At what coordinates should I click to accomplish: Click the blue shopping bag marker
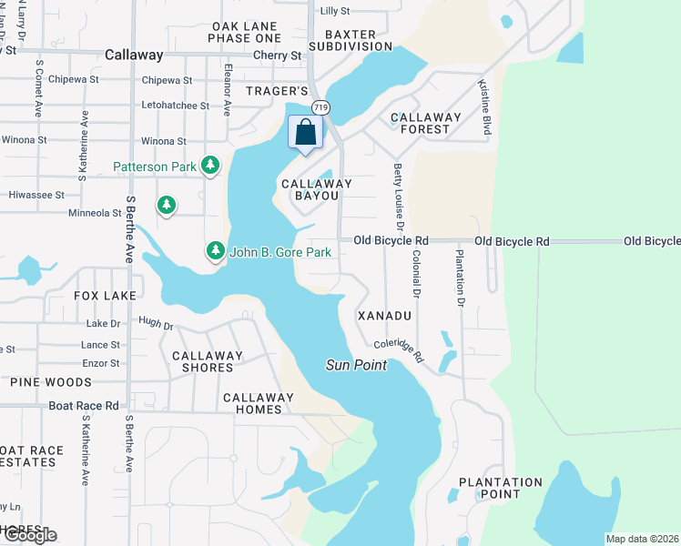pos(306,132)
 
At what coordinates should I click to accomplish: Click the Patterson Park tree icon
pos(211,165)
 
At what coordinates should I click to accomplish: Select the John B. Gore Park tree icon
pos(215,250)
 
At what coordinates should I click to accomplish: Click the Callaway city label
pos(133,55)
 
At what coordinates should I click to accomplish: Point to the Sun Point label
pos(357,365)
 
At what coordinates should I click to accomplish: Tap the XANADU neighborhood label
pos(385,315)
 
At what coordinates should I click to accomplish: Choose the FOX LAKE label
pos(105,296)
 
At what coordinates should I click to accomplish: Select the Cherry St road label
pos(278,56)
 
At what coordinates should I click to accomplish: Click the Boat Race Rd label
pos(84,406)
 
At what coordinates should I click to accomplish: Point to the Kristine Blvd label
pos(485,108)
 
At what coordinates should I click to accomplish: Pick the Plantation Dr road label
pos(461,278)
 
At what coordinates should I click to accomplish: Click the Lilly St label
pos(335,11)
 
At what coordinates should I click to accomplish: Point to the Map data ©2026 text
pos(642,539)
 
